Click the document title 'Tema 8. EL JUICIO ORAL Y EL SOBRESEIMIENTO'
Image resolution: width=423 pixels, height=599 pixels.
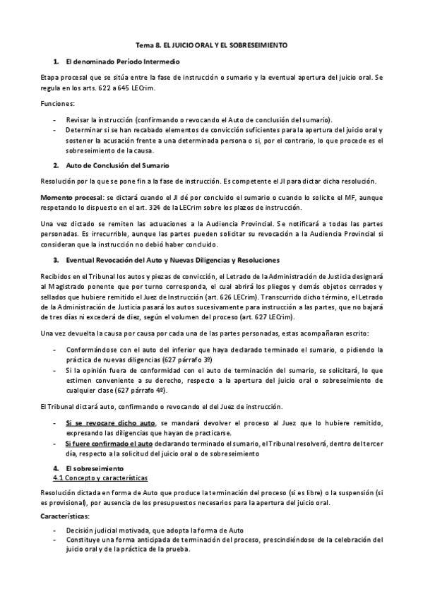211,45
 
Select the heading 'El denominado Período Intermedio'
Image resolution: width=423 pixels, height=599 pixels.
121,62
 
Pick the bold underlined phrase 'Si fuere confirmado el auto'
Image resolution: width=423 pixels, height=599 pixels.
112,443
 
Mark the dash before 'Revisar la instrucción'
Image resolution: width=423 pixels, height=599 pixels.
56,120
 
